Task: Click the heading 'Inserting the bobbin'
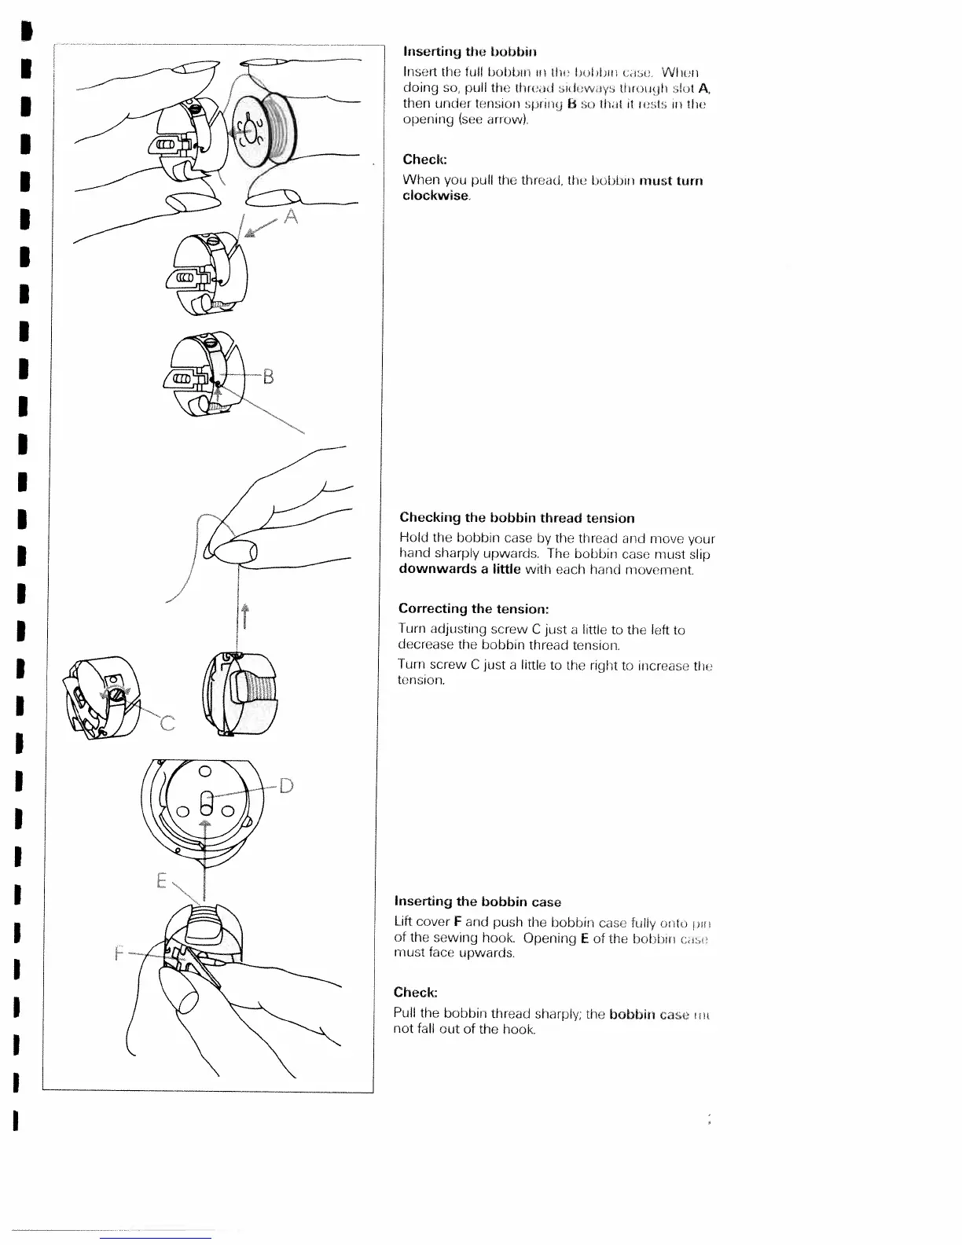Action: pos(469,53)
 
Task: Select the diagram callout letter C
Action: pos(167,722)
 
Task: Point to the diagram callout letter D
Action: pos(286,785)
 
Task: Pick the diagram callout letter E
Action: pos(161,881)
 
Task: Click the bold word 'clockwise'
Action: pos(435,196)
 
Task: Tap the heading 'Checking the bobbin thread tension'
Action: pos(516,518)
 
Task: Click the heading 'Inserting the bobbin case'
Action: pos(477,902)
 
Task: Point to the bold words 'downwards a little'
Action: pos(460,569)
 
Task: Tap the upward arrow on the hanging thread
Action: pos(244,615)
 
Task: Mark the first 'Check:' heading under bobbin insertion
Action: pos(424,159)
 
